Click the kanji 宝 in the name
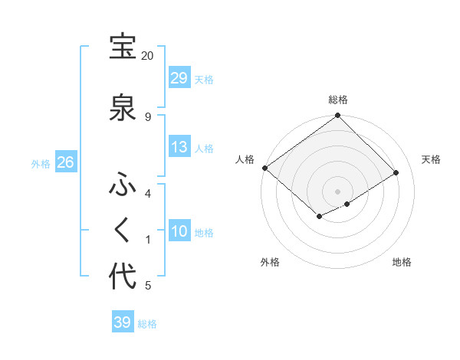coord(123,47)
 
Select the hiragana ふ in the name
coord(123,186)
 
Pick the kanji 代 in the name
coord(123,277)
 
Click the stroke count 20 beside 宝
coord(147,56)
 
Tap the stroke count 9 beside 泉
coord(147,116)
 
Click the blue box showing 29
coord(179,77)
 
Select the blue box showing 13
coord(179,147)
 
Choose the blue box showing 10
coord(179,231)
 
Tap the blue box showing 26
coord(65,162)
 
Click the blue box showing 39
coord(122,322)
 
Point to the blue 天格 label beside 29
coord(204,79)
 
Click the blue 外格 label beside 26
coord(41,164)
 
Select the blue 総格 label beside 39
coord(147,324)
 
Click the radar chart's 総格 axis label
coord(338,100)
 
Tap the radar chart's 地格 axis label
coord(402,262)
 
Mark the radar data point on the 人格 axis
coord(264,168)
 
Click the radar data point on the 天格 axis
coord(396,173)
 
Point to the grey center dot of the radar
coord(337,191)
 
